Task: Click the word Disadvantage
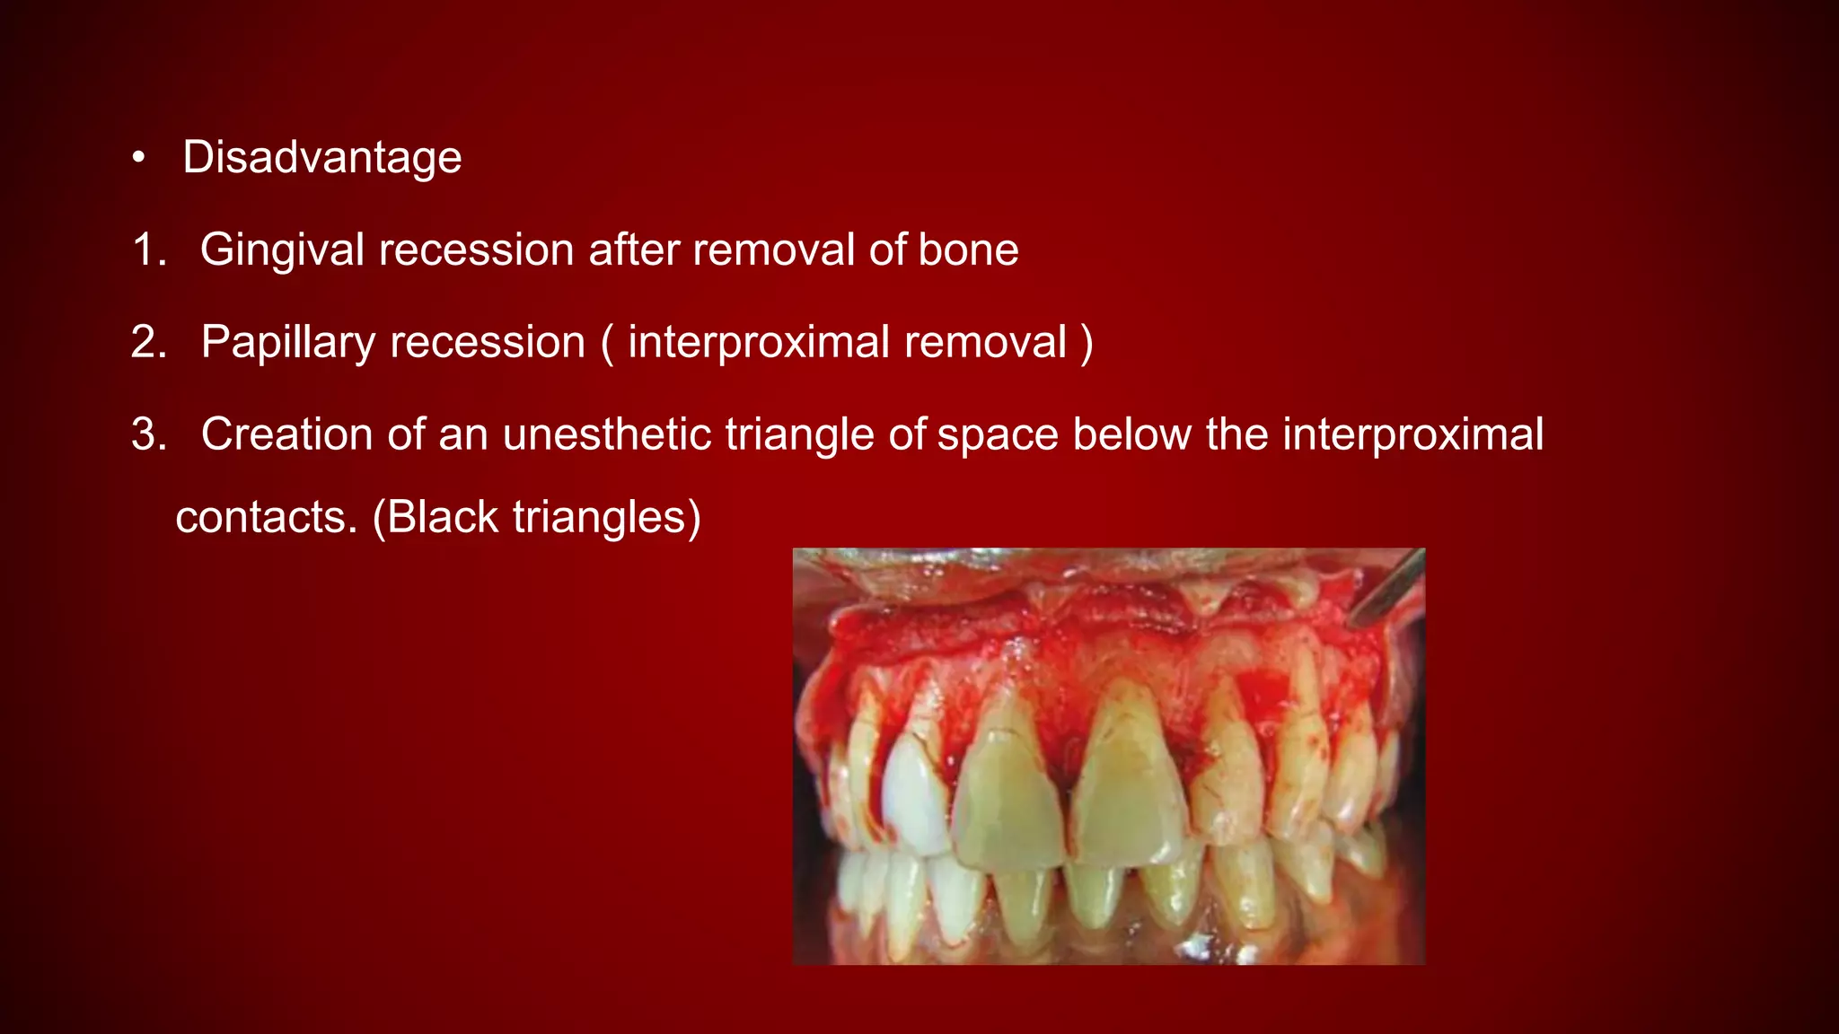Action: (321, 158)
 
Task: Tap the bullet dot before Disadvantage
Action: (137, 159)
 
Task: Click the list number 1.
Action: (148, 250)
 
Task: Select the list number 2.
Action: (148, 342)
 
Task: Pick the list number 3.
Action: (148, 434)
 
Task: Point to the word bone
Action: (968, 250)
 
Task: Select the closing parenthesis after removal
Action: (1087, 343)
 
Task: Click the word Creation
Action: (286, 434)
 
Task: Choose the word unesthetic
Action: (606, 434)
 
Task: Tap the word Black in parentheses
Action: (442, 518)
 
